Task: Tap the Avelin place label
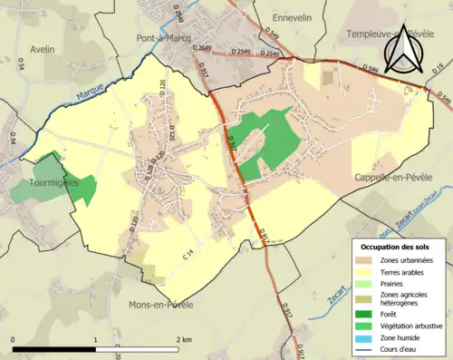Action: click(43, 49)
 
